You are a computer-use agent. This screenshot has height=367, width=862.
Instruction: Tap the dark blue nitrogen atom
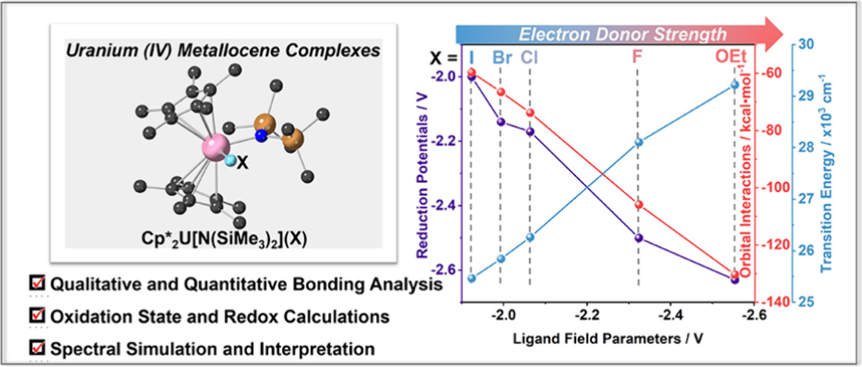coord(261,135)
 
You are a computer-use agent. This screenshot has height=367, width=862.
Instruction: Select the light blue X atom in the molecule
coord(230,160)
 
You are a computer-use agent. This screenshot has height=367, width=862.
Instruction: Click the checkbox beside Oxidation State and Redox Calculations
coord(38,316)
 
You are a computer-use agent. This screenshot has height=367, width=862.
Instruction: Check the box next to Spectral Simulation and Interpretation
coord(38,348)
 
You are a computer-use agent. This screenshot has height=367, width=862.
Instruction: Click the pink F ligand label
coord(637,57)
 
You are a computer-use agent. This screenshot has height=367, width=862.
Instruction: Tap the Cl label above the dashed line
coord(530,57)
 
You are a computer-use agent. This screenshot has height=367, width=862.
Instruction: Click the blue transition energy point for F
coord(638,142)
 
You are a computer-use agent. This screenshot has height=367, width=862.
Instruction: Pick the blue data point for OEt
coord(735,84)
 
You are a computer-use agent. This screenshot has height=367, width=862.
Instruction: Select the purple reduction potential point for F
coord(638,238)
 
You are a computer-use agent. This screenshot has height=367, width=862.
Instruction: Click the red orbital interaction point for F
coord(638,205)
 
